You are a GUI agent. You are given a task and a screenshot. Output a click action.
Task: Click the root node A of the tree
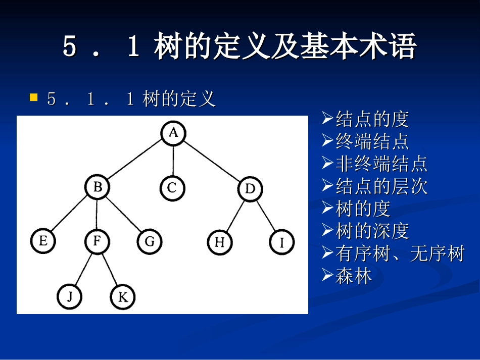click(x=173, y=133)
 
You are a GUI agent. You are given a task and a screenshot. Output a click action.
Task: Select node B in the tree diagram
click(x=98, y=188)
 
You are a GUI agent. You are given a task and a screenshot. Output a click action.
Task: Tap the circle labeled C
click(x=173, y=188)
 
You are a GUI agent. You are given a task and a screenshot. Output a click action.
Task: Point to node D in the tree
click(x=250, y=189)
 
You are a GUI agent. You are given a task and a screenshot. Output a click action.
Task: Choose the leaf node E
click(x=43, y=241)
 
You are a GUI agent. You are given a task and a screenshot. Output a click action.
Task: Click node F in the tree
click(x=97, y=241)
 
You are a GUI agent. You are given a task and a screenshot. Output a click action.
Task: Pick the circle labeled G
click(x=150, y=242)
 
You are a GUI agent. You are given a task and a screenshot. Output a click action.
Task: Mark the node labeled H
click(x=220, y=242)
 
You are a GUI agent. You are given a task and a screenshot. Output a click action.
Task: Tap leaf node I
click(x=281, y=243)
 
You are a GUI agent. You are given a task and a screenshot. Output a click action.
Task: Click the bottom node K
click(x=123, y=297)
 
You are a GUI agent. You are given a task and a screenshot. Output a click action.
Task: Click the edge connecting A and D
click(x=212, y=162)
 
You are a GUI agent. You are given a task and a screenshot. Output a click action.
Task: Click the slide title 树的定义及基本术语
click(x=239, y=47)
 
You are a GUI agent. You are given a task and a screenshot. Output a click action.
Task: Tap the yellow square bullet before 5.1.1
click(x=34, y=97)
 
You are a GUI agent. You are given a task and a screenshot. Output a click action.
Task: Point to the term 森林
click(x=354, y=276)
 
